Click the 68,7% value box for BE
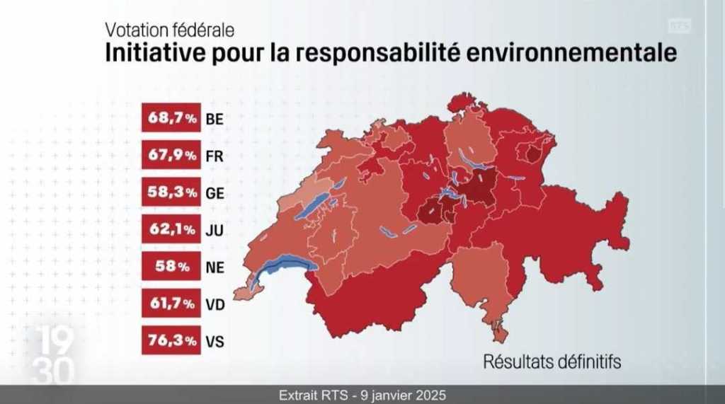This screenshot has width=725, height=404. [171, 119]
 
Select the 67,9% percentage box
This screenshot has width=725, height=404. [171, 156]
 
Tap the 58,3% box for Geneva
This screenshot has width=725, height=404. [171, 192]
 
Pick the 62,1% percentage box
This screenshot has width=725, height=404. [171, 229]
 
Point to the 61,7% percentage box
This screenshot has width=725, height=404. [171, 304]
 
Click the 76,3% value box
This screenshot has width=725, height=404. [171, 340]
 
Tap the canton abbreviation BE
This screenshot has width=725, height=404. [215, 120]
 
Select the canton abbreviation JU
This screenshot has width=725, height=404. [214, 230]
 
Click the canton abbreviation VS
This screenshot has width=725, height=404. [215, 341]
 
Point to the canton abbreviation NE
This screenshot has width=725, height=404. [215, 267]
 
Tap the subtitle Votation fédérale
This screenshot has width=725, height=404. [169, 30]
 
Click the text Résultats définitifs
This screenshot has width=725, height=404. [552, 362]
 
